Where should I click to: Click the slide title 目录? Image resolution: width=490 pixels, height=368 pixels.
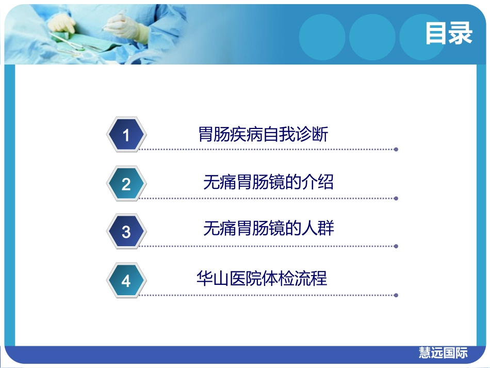click(x=449, y=33)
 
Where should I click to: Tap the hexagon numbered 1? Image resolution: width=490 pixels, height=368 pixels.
click(x=126, y=135)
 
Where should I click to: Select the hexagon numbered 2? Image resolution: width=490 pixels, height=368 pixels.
click(x=126, y=184)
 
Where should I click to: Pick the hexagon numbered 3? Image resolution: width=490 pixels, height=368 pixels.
click(x=126, y=232)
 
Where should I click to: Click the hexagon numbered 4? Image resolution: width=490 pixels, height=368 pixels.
click(x=126, y=280)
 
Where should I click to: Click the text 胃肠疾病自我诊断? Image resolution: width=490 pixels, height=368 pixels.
click(x=263, y=134)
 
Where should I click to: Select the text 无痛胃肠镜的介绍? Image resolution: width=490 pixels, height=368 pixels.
click(x=268, y=182)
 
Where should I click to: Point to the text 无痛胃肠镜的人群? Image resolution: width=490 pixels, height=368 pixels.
click(x=268, y=228)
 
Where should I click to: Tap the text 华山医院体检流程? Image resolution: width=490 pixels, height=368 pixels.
click(x=262, y=278)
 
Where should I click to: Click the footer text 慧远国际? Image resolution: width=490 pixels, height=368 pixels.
click(x=443, y=353)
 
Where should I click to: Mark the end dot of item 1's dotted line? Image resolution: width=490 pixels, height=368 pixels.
click(x=396, y=150)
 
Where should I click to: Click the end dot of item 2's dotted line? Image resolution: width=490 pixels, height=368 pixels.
click(x=396, y=198)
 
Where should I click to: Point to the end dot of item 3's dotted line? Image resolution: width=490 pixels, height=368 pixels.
click(x=396, y=246)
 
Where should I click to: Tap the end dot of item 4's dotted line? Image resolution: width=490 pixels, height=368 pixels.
click(x=396, y=295)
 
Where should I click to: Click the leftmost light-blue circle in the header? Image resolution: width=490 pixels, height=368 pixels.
click(x=322, y=37)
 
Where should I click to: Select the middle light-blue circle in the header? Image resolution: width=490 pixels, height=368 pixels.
click(x=372, y=37)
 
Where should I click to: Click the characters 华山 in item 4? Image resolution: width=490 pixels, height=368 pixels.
click(x=213, y=278)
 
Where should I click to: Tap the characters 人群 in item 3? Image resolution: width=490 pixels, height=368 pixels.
click(x=318, y=228)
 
